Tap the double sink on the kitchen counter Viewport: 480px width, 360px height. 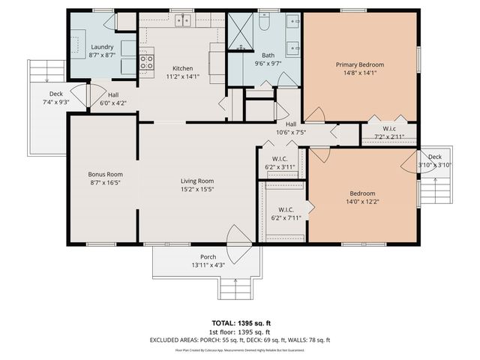tap(182, 20)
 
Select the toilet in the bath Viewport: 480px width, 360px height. tap(264, 24)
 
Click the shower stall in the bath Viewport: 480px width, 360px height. tap(241, 33)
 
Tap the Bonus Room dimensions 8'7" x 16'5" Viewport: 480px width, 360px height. tap(105, 182)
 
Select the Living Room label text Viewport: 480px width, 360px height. tap(197, 181)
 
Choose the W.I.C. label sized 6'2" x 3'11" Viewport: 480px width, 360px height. tap(280, 167)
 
